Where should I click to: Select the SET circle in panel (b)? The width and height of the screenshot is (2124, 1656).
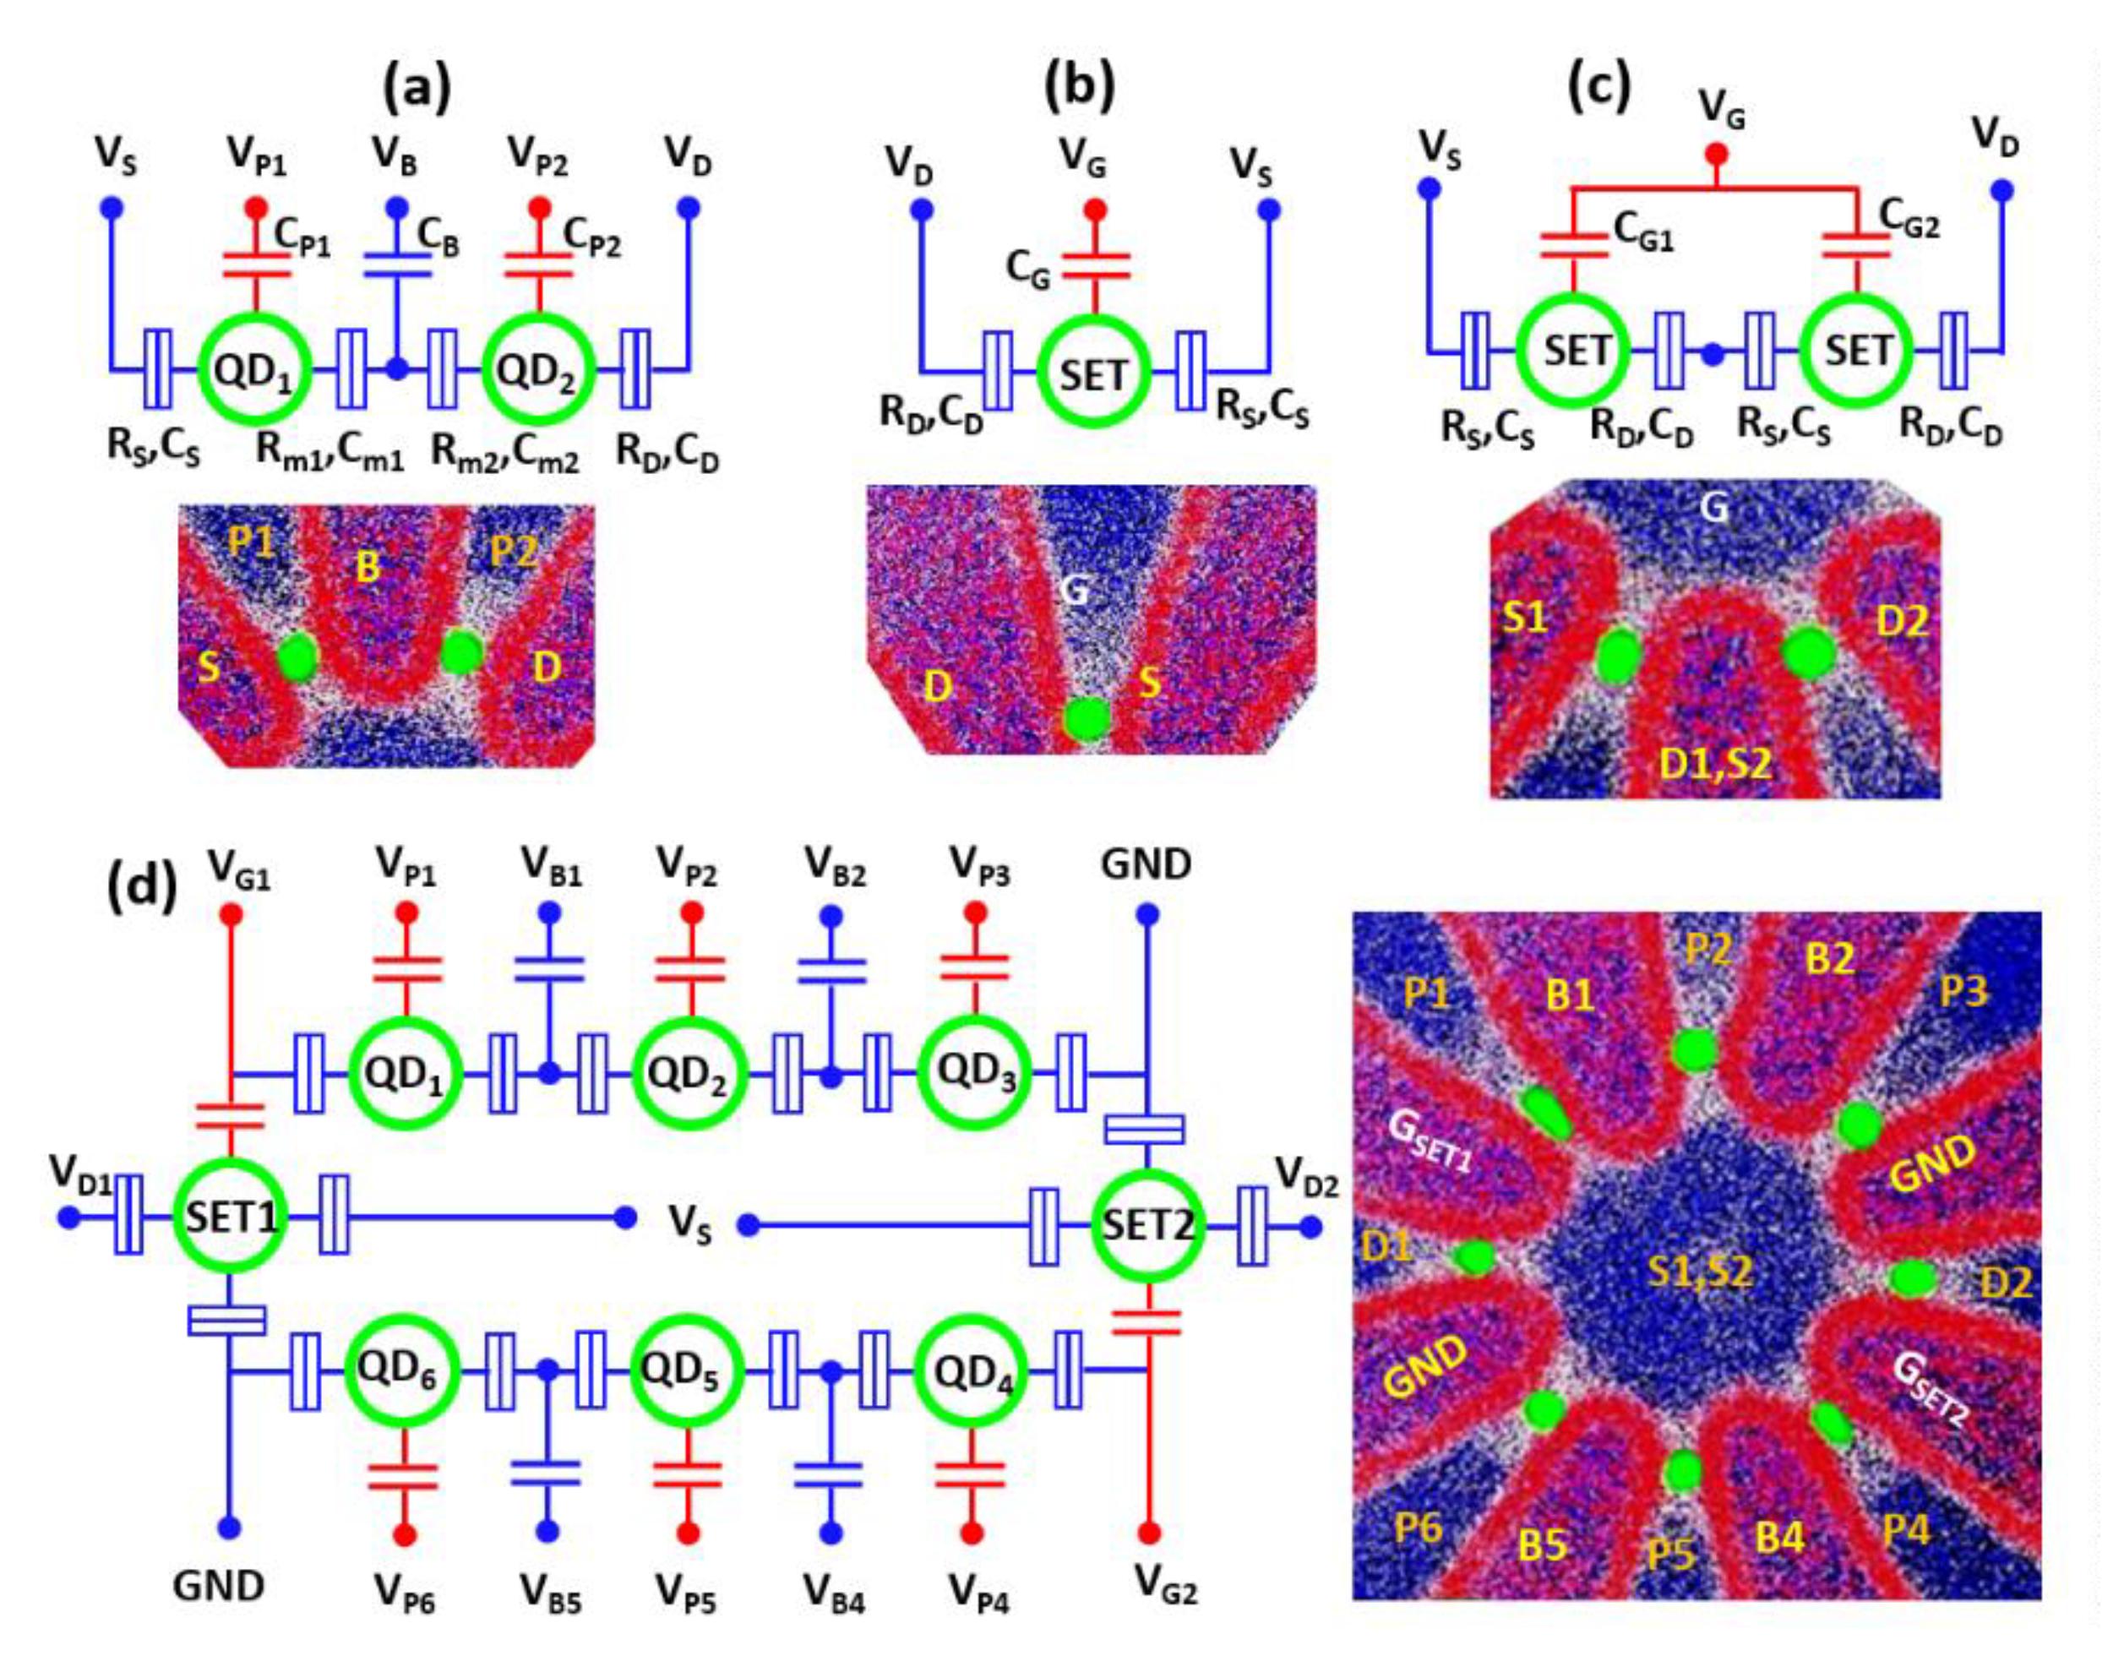(x=1094, y=374)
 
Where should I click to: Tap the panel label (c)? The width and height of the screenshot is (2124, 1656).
(x=1600, y=85)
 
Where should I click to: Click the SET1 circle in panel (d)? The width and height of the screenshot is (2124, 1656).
(x=231, y=1217)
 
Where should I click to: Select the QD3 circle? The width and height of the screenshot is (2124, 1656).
(x=976, y=1075)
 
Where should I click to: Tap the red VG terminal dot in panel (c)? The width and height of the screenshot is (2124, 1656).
(x=1717, y=154)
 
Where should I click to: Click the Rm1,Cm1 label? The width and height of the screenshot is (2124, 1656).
(x=329, y=452)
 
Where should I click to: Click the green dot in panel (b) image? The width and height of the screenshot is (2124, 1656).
(x=1086, y=717)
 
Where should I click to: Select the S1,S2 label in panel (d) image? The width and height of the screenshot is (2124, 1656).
(x=1700, y=1271)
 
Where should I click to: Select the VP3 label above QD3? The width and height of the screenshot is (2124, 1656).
(x=979, y=864)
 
